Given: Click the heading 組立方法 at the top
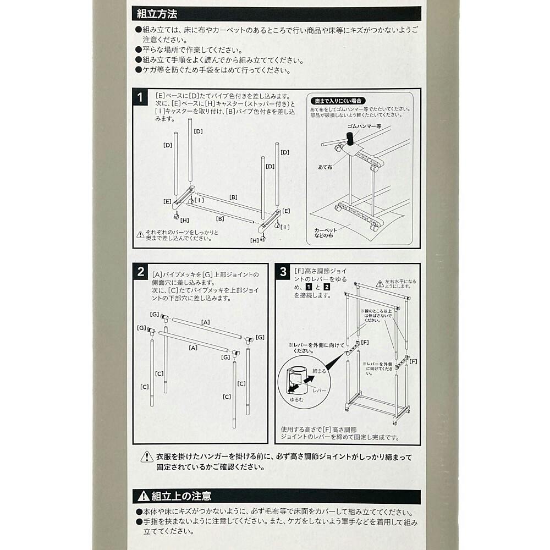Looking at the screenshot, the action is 157,14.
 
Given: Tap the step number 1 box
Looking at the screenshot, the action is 140,97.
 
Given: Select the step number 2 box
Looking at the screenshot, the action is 141,272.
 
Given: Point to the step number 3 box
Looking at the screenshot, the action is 283,272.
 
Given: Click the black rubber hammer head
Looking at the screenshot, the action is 350,139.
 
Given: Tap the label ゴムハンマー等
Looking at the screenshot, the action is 364,126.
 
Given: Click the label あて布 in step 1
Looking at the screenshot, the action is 325,167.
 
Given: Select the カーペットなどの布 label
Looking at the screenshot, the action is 325,233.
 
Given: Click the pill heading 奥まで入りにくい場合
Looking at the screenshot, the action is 338,101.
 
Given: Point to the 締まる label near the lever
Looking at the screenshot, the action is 319,371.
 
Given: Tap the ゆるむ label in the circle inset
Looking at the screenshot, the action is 296,399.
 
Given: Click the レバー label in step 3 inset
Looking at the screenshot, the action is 319,391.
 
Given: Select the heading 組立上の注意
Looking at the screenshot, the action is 182,496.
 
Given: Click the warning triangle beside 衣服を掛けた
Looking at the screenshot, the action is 147,457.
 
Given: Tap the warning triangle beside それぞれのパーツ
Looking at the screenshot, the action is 140,234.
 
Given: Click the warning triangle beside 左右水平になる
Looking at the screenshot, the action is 380,283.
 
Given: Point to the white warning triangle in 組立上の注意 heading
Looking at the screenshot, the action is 144,496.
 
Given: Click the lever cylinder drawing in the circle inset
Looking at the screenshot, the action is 296,379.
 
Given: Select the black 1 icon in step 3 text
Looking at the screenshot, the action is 309,287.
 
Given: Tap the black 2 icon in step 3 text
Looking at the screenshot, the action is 327,287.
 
